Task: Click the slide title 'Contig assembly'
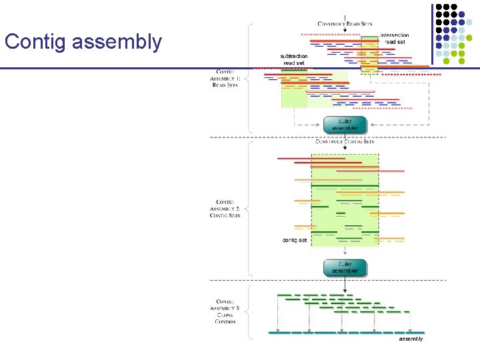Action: click(83, 42)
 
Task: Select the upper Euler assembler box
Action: click(345, 125)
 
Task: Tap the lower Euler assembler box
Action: click(345, 267)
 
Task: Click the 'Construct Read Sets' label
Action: click(345, 24)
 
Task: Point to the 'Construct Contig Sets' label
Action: click(345, 141)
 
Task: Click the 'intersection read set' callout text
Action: click(394, 39)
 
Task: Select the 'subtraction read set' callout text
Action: click(294, 59)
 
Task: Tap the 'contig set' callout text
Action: click(295, 240)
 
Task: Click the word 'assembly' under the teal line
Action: click(411, 339)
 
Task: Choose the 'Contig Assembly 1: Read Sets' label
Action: click(225, 78)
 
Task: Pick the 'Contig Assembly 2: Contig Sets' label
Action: click(225, 209)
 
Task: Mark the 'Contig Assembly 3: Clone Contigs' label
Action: click(225, 311)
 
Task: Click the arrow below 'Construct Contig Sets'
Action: click(345, 149)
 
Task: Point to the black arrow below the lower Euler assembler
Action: click(345, 285)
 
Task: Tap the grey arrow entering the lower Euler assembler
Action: click(345, 252)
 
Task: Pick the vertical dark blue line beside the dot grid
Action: click(432, 33)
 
